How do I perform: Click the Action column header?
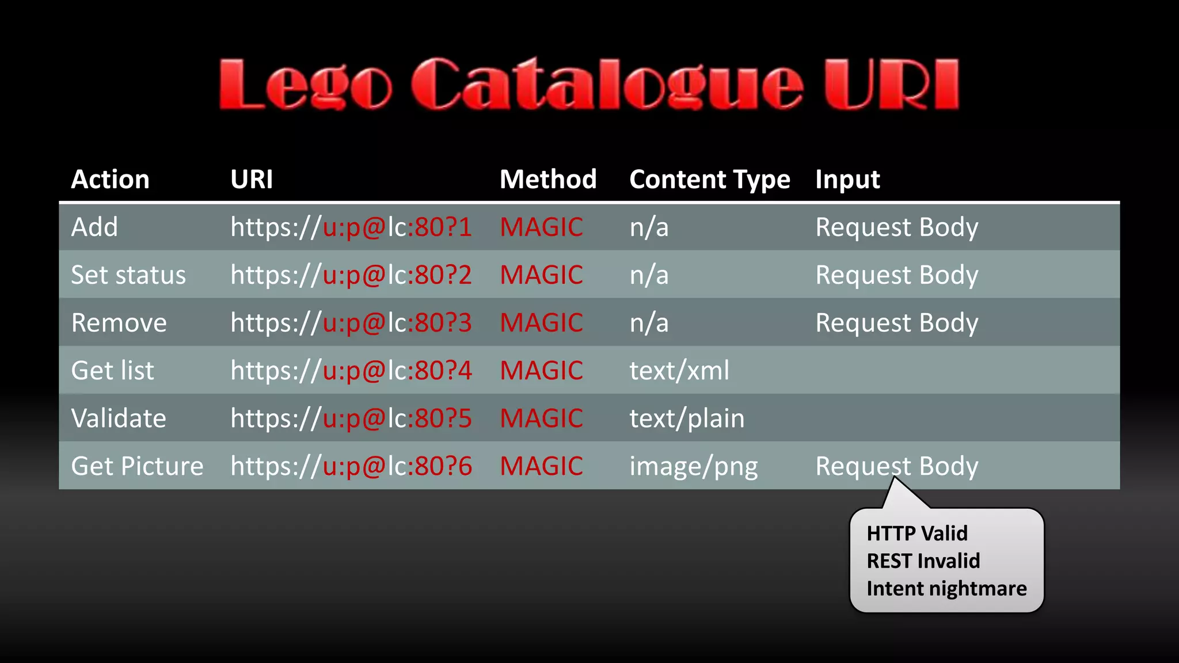(x=110, y=180)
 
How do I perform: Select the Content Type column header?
(x=709, y=180)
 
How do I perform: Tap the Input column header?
(x=847, y=180)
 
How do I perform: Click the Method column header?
(x=548, y=180)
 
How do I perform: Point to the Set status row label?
(x=128, y=275)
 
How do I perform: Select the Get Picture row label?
(x=137, y=466)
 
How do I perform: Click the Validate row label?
(x=119, y=418)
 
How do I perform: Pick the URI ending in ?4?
(x=351, y=371)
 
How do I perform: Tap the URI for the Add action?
(x=351, y=227)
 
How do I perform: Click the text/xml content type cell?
(x=679, y=371)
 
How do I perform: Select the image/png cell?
(x=694, y=466)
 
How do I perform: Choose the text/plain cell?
(x=687, y=418)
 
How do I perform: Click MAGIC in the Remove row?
(x=541, y=323)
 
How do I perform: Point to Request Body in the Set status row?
(x=897, y=275)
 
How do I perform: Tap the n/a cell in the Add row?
(x=649, y=227)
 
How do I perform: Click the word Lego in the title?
(x=305, y=85)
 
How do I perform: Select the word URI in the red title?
(x=891, y=85)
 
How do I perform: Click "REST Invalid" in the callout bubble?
(x=923, y=561)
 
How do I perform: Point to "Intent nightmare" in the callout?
(x=946, y=589)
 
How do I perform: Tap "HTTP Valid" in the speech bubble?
(x=917, y=534)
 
